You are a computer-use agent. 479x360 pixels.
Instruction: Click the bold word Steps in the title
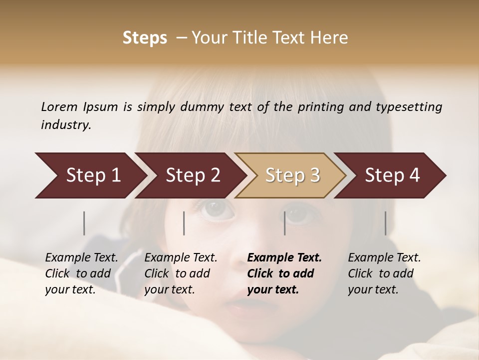pyautogui.click(x=145, y=38)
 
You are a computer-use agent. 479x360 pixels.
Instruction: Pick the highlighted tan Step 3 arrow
pyautogui.click(x=292, y=175)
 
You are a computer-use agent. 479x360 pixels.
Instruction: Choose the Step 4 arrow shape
pyautogui.click(x=392, y=175)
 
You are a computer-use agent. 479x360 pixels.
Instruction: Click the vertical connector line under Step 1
pyautogui.click(x=84, y=223)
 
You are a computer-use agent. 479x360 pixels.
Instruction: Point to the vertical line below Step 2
pyautogui.click(x=184, y=223)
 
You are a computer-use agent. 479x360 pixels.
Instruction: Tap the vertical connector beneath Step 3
pyautogui.click(x=285, y=223)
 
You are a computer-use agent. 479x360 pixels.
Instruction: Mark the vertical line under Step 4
pyautogui.click(x=385, y=223)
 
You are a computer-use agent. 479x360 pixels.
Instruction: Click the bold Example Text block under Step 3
pyautogui.click(x=284, y=273)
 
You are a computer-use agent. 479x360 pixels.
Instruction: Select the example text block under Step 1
pyautogui.click(x=81, y=273)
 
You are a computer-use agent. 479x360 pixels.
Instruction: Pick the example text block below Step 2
pyautogui.click(x=181, y=273)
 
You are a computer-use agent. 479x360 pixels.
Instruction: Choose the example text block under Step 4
pyautogui.click(x=384, y=273)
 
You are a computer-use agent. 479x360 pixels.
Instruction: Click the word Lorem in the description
pyautogui.click(x=59, y=106)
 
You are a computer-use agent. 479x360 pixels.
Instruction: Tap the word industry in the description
pyautogui.click(x=66, y=124)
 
